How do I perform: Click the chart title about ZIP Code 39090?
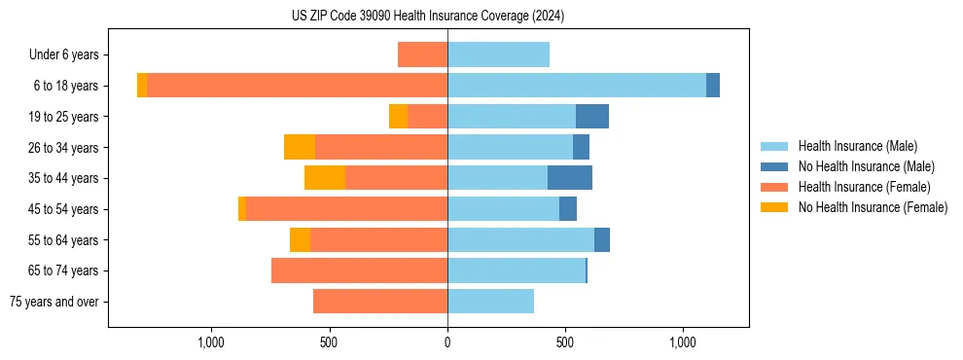coord(428,17)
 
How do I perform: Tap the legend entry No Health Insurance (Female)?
coord(873,207)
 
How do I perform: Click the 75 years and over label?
coord(54,302)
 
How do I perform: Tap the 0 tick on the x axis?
coord(447,342)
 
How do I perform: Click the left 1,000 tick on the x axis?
coord(211,342)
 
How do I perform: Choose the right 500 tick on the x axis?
coord(565,342)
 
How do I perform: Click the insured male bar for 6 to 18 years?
coord(577,86)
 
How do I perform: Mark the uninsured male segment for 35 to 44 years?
coord(570,178)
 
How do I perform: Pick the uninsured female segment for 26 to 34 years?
coord(300,147)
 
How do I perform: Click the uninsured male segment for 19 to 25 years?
coord(592,117)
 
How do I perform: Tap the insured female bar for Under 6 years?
coord(423,55)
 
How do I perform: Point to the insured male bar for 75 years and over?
coord(490,302)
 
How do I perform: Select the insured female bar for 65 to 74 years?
coord(359,270)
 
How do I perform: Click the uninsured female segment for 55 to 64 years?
coord(300,239)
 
